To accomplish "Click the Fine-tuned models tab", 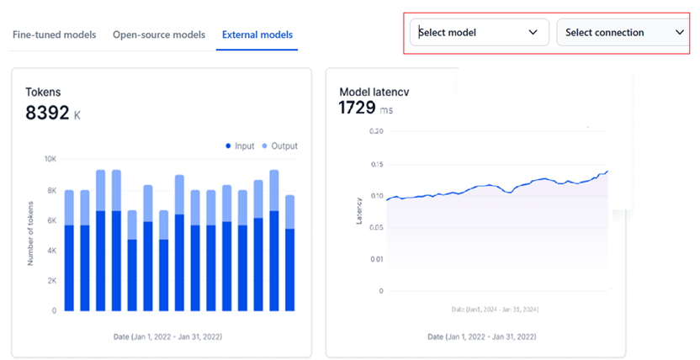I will [x=54, y=34].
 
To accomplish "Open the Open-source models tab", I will [x=159, y=34].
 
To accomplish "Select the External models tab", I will [x=257, y=34].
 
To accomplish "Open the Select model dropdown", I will [x=479, y=33].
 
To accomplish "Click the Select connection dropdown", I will [x=623, y=33].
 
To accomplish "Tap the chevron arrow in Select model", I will [x=533, y=33].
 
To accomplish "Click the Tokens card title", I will [x=43, y=92].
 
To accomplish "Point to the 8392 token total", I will [x=47, y=113].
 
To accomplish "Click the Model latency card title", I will [x=374, y=92].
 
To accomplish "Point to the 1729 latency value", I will [x=358, y=108].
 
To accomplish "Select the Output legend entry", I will [x=278, y=146].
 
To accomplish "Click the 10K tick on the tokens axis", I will [x=50, y=159].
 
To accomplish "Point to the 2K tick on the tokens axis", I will [x=50, y=280].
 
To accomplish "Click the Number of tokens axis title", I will [x=30, y=234].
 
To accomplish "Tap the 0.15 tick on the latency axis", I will [x=375, y=164].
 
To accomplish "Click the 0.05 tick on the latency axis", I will [x=375, y=227].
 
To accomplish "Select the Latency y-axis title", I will [x=358, y=210].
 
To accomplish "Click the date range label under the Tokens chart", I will [x=167, y=336].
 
